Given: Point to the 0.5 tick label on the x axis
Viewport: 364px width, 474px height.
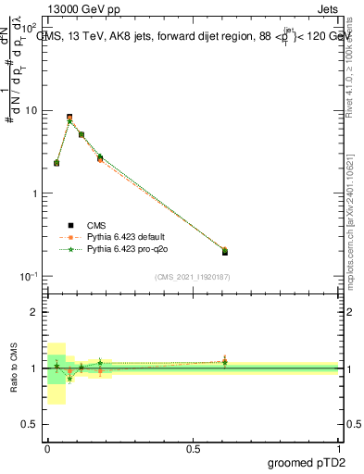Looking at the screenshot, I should [x=193, y=448].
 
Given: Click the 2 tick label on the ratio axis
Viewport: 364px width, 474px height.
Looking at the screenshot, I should [x=34, y=312].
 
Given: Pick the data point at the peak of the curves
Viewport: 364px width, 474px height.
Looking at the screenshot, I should [x=69, y=118].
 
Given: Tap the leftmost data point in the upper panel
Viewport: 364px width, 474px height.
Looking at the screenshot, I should [x=56, y=163].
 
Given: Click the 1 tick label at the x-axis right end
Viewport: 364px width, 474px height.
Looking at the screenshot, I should [x=339, y=448].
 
